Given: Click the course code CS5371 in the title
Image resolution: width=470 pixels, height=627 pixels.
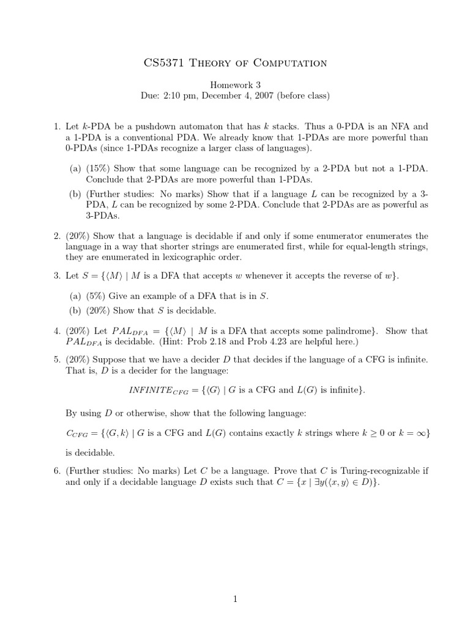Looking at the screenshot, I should tap(163, 62).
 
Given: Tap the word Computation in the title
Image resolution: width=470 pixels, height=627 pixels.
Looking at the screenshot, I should tap(293, 62).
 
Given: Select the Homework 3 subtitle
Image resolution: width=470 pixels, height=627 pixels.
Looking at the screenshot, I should tap(235, 85).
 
